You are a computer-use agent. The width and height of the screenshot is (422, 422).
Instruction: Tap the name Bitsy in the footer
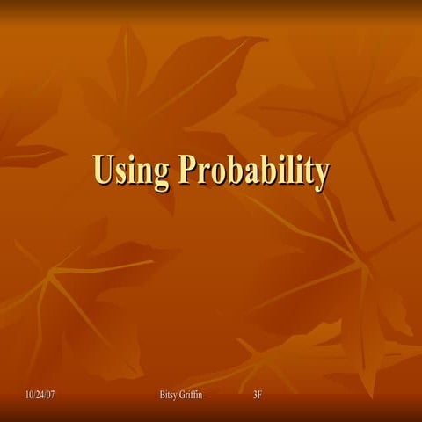point(169,395)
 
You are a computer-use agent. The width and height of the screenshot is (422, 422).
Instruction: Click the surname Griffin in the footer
point(193,395)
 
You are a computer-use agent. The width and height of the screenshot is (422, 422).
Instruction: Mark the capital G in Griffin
point(183,395)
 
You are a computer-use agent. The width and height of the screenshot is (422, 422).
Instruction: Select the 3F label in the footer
point(257,395)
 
